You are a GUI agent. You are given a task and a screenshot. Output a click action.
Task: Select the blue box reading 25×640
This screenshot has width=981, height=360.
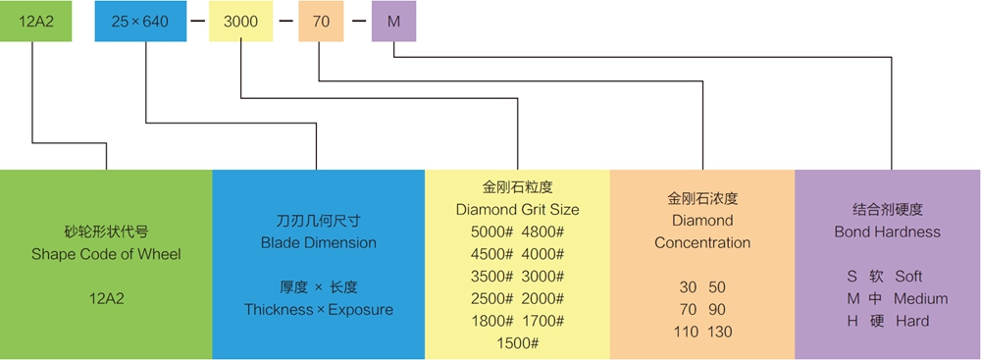(x=139, y=22)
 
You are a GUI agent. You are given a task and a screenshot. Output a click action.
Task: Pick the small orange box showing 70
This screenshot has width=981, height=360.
(x=320, y=22)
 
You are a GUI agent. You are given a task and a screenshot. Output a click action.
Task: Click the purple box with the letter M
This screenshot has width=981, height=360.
(x=393, y=22)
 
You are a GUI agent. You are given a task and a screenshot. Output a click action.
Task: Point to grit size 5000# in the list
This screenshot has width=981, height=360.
(x=491, y=231)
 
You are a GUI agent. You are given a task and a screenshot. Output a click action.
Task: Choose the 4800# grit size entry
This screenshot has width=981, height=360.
(x=542, y=231)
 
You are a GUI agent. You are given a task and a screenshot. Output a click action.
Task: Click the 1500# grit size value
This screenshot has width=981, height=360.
(x=517, y=343)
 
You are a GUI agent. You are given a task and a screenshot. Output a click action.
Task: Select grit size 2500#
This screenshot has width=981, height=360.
(x=491, y=298)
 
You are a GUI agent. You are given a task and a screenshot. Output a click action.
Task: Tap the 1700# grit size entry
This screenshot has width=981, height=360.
(x=542, y=321)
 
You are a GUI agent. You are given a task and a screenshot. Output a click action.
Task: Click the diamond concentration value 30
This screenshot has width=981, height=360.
(x=688, y=287)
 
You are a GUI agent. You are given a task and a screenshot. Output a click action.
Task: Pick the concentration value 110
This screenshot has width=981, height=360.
(x=686, y=332)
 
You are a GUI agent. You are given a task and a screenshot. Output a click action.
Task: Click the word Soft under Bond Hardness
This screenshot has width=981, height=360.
(x=908, y=277)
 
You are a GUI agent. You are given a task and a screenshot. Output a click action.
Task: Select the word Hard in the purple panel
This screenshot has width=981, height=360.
(x=911, y=321)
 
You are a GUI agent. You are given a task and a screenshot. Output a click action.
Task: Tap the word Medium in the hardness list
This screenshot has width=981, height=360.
(x=920, y=298)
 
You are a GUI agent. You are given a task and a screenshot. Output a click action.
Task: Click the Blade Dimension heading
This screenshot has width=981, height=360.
(x=318, y=242)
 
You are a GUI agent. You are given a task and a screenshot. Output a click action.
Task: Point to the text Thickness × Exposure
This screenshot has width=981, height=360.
(x=318, y=310)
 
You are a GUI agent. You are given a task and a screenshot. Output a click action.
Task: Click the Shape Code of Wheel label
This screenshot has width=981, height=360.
(x=106, y=254)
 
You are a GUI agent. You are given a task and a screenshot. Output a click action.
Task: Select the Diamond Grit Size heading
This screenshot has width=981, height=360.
(x=517, y=209)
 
